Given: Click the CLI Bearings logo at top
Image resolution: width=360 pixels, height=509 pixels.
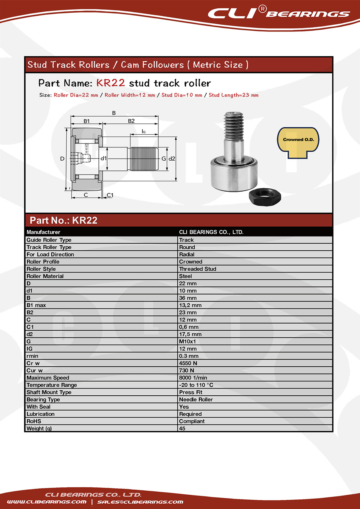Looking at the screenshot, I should point(278,13).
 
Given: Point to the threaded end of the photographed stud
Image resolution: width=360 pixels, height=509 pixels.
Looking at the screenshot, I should point(233,126).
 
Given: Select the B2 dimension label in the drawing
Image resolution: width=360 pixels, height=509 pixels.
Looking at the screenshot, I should point(131,121).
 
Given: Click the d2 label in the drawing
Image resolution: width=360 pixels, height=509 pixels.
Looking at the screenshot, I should point(172,159).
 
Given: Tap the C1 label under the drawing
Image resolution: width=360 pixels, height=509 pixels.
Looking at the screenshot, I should point(110,195).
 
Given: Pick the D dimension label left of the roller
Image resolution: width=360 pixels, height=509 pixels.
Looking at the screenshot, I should point(62,159).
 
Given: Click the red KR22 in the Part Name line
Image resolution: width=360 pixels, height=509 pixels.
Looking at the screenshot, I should point(110,83).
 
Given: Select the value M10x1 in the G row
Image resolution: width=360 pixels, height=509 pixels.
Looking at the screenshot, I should point(187,341).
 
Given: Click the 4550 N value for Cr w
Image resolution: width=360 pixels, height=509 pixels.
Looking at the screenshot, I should point(188,363).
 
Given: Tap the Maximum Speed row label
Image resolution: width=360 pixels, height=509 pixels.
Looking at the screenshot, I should point(48,378).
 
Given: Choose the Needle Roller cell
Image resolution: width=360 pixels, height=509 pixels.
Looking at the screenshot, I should point(196,400).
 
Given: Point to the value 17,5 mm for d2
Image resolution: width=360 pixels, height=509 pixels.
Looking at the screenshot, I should point(190,334).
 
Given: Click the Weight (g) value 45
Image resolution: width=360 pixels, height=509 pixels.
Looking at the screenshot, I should point(182,428).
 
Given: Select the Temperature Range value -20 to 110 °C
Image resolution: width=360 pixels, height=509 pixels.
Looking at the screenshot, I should point(196,385).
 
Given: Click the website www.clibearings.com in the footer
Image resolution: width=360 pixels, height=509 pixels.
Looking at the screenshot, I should point(46,502).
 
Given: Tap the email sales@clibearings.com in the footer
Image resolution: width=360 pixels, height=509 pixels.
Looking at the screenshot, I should point(140,502).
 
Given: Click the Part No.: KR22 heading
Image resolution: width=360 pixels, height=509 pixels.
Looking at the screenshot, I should point(64,220).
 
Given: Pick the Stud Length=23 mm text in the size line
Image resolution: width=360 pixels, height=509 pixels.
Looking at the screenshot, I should point(233,95).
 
